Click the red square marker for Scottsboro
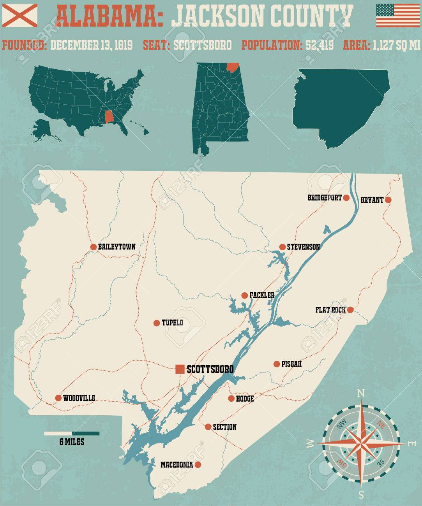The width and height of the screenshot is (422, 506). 180,369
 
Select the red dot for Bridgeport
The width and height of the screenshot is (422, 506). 346,198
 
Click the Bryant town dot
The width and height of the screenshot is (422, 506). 388,200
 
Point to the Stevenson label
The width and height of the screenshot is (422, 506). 303,247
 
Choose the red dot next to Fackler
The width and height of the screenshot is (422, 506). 244,295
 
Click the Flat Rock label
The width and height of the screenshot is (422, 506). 330,310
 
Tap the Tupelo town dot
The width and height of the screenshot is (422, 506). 156,323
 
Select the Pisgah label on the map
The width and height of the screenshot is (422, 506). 292,364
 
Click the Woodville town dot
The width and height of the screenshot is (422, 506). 58,398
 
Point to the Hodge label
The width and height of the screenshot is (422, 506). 245,399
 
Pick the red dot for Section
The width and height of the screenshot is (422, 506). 208,427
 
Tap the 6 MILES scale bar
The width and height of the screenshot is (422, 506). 72,433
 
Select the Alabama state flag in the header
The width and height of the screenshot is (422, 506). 19,13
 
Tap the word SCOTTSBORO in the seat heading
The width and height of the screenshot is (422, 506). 202,45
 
